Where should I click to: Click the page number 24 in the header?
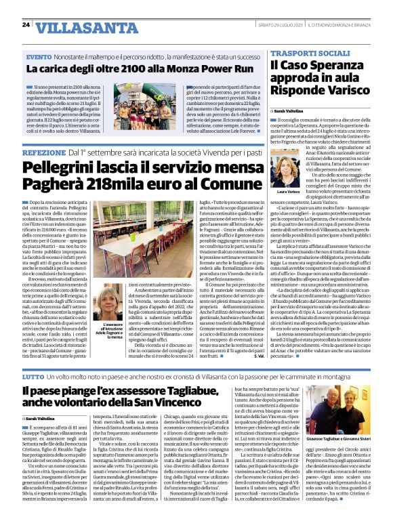point(26,24)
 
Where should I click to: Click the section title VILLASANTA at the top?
point(75,26)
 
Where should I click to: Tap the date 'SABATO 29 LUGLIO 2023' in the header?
point(279,25)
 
